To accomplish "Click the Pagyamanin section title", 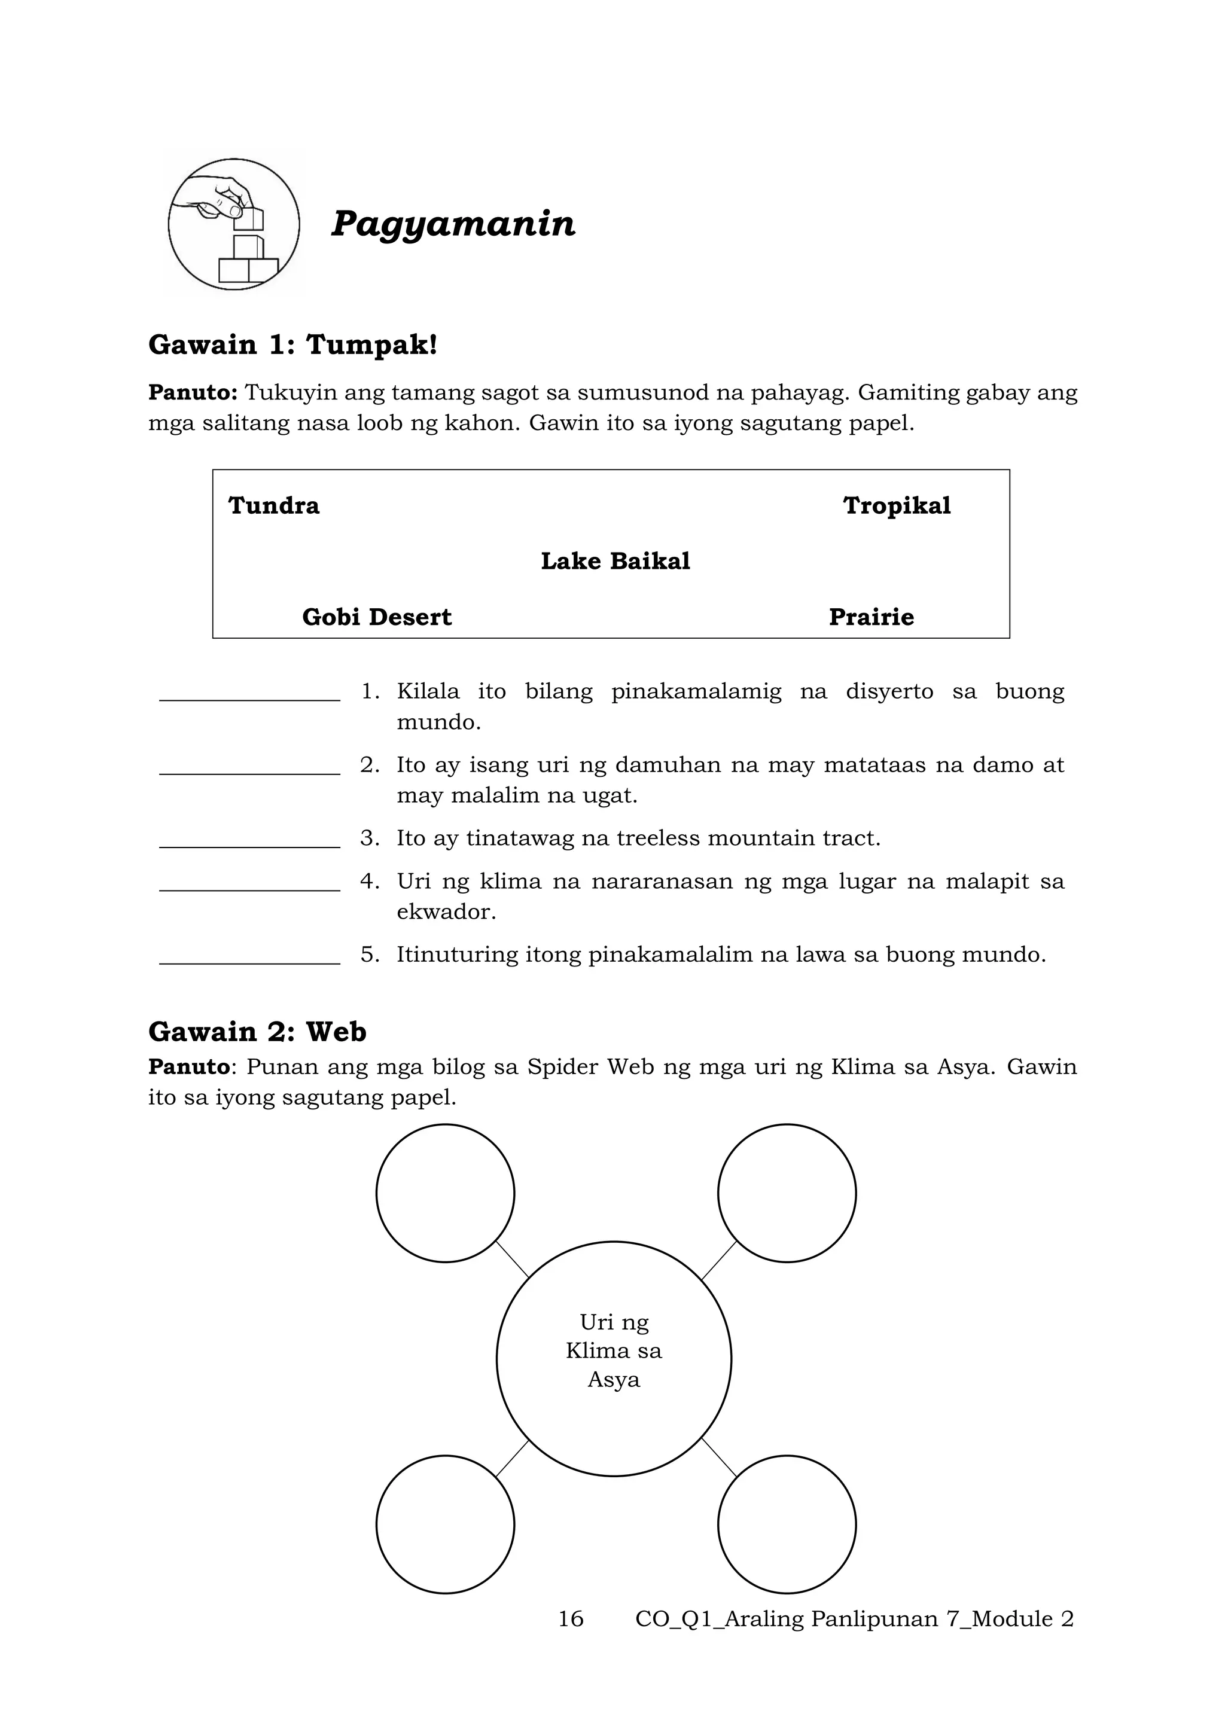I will click(x=453, y=224).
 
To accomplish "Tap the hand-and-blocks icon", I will click(x=234, y=224).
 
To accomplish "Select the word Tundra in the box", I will click(x=274, y=505).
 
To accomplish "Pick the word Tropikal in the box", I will click(x=896, y=505).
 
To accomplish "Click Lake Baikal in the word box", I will click(x=615, y=561).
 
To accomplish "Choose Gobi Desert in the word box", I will click(x=376, y=617).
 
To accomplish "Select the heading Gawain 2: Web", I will click(x=257, y=1031).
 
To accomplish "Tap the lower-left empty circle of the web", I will click(x=445, y=1524).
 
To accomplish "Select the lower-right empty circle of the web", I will click(x=787, y=1524).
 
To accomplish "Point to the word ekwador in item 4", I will click(x=446, y=912).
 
